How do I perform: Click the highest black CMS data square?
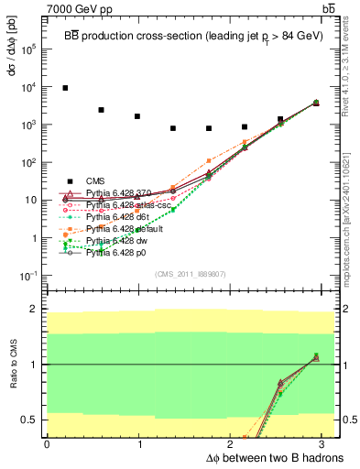(65, 88)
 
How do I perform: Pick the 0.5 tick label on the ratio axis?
(28, 420)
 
